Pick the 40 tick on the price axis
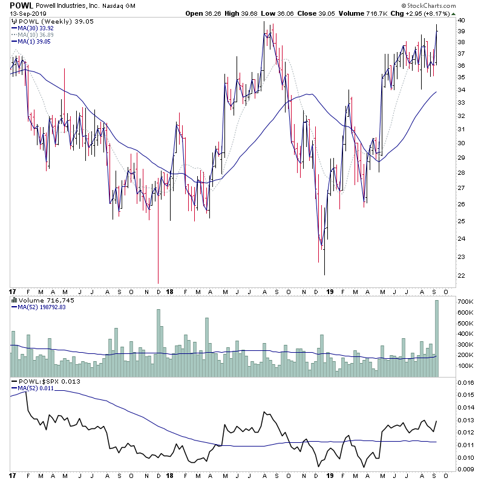pos(460,20)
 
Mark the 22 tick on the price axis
pos(460,276)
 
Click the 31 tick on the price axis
pos(460,129)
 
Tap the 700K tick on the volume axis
pos(465,301)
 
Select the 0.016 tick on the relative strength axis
pos(465,382)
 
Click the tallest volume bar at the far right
pos(436,339)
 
